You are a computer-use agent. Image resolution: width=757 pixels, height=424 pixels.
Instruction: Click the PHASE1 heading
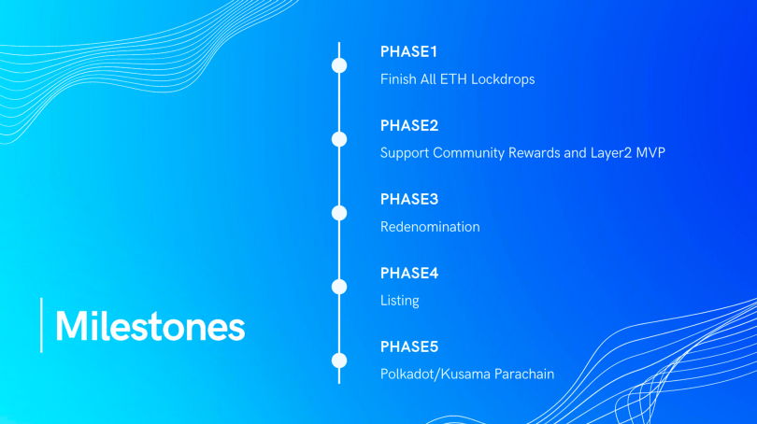(408, 51)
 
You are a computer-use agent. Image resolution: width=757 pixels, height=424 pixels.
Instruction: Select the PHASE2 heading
(409, 125)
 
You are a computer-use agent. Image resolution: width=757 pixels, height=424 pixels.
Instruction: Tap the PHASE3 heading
(409, 199)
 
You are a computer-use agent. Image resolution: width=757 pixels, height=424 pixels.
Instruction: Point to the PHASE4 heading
(409, 273)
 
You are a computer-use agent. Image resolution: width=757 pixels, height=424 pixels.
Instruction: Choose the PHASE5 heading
(409, 346)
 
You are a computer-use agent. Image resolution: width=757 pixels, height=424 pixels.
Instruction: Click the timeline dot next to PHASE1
(339, 65)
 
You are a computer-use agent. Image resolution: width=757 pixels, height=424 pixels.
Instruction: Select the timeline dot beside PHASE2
(339, 139)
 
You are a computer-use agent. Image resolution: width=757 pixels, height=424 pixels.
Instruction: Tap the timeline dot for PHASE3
(339, 213)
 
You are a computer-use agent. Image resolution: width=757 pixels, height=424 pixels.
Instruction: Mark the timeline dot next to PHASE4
(339, 287)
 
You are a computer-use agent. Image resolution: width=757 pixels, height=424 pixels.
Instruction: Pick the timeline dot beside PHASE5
(339, 360)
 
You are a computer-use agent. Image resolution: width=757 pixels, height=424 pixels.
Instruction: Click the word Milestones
(150, 326)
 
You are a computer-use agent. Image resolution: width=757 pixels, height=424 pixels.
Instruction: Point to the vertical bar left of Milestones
(41, 325)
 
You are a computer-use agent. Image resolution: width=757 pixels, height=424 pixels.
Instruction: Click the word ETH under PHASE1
(453, 79)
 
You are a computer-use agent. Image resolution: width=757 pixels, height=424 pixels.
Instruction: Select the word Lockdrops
(503, 79)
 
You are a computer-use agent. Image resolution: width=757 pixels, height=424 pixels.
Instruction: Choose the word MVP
(650, 153)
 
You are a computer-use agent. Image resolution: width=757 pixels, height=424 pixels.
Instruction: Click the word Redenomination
(430, 227)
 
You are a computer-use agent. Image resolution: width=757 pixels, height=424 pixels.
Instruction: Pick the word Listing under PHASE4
(399, 301)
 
